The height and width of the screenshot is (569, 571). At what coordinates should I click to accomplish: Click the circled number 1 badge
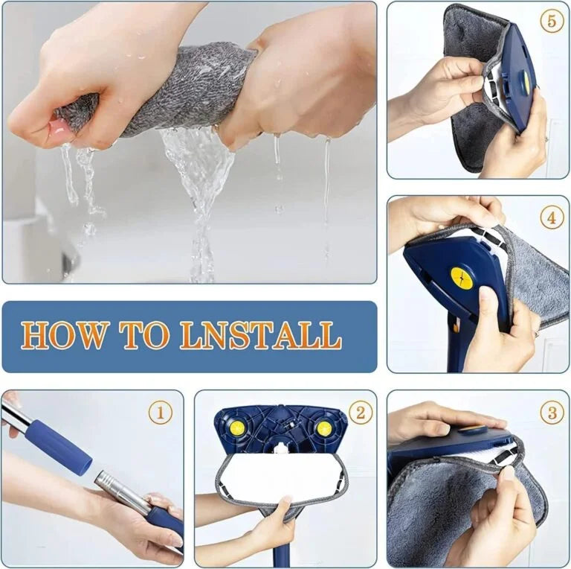click(x=160, y=412)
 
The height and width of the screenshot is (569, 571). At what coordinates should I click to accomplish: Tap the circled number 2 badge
click(x=360, y=412)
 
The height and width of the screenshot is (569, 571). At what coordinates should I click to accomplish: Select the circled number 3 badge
click(x=552, y=412)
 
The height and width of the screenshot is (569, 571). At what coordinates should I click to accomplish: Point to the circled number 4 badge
click(x=552, y=218)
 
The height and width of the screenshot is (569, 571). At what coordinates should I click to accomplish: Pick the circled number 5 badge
click(x=552, y=21)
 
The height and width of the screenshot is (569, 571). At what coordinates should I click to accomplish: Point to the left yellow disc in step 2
click(x=236, y=427)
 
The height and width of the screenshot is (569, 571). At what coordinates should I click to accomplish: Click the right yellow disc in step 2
click(x=324, y=428)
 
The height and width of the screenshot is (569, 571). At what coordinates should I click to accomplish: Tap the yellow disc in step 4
click(x=461, y=279)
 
